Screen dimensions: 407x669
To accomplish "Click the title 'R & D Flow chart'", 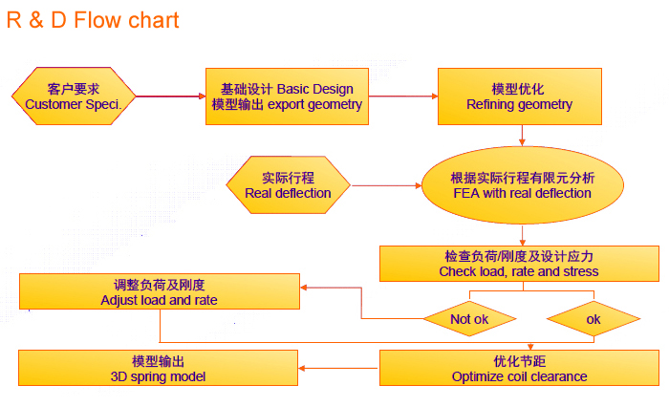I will click(93, 20).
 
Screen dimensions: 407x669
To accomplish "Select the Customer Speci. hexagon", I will click(74, 96).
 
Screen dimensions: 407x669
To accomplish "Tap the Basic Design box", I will click(287, 96).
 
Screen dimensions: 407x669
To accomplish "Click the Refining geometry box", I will click(520, 96).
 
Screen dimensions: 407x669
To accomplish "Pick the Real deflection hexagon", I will click(288, 184).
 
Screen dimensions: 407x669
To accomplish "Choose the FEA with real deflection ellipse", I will click(522, 184).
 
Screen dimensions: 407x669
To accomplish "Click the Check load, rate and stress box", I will click(519, 264).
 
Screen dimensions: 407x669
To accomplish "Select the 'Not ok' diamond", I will click(469, 319).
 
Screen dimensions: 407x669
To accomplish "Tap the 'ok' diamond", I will click(593, 319).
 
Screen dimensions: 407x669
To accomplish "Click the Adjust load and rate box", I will click(159, 292).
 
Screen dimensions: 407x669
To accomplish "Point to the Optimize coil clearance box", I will click(519, 369).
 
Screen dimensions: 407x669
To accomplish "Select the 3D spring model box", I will click(159, 369).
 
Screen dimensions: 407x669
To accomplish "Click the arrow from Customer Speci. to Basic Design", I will click(170, 96).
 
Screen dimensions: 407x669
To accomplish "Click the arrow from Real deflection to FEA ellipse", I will click(387, 184).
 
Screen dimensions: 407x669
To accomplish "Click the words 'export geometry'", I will click(314, 104).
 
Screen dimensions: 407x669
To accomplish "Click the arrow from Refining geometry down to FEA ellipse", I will click(521, 136).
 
